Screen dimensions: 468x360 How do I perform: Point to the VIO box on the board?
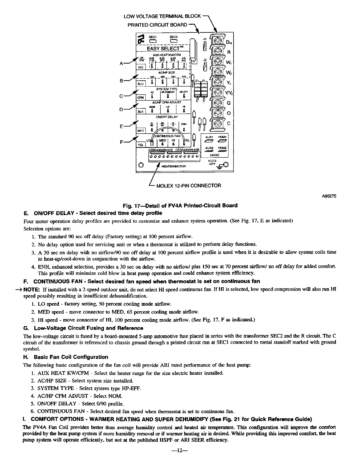(140, 68)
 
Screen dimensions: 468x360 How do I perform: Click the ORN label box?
(140, 97)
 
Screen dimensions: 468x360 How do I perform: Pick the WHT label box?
(140, 131)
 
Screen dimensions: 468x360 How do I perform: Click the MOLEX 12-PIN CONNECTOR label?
(188, 186)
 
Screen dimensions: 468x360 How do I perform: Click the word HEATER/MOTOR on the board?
(174, 166)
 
